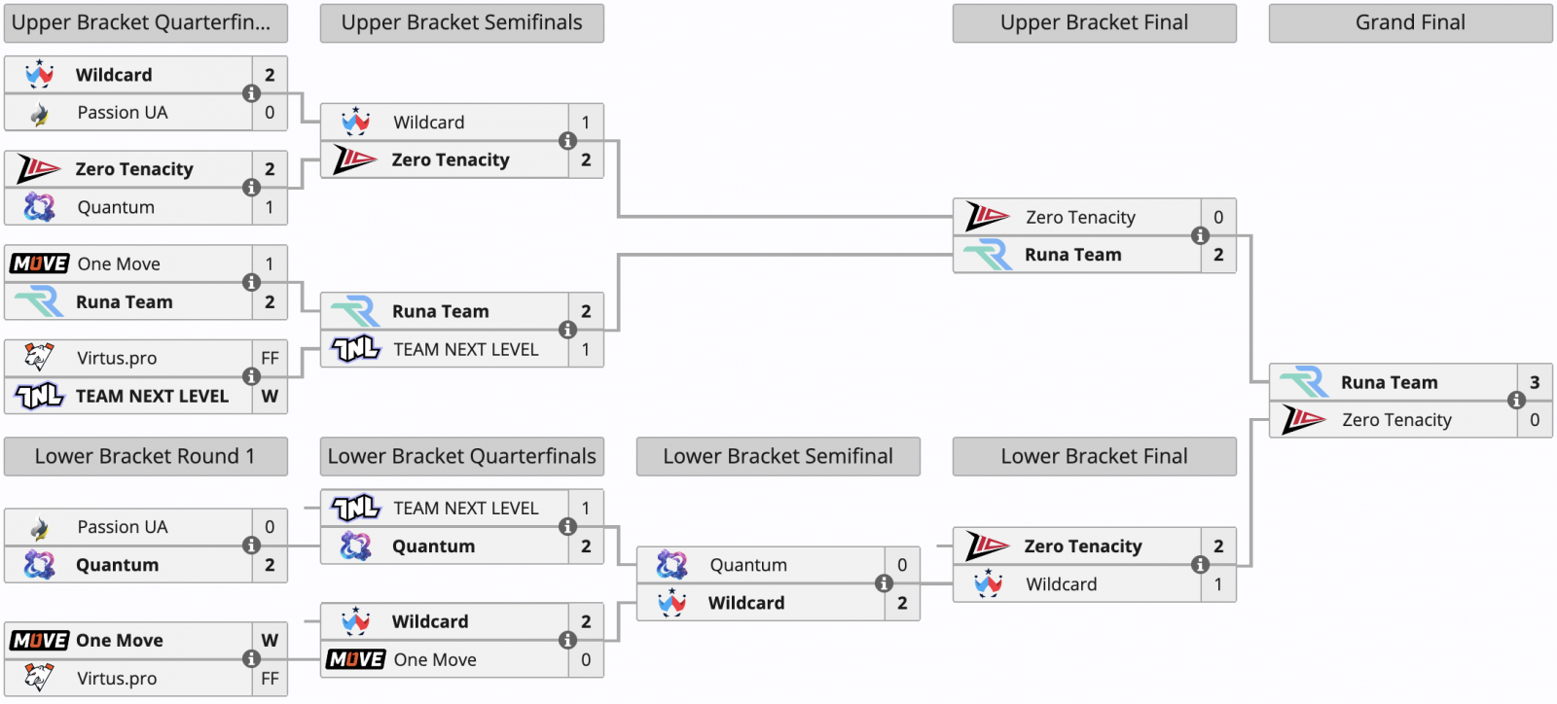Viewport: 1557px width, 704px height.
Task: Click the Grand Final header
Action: pyautogui.click(x=1410, y=23)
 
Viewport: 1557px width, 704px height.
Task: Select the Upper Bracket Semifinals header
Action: pyautogui.click(x=461, y=23)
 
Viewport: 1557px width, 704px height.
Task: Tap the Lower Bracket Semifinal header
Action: pyautogui.click(x=778, y=456)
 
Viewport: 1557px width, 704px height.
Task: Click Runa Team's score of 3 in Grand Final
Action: pyautogui.click(x=1535, y=382)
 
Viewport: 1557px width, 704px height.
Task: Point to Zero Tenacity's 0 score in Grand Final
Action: pyautogui.click(x=1535, y=420)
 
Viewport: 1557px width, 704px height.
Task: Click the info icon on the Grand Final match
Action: pyautogui.click(x=1517, y=400)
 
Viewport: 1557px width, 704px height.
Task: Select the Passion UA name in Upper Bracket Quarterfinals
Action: pyautogui.click(x=123, y=113)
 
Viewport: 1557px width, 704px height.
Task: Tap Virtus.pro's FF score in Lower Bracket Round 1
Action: pyautogui.click(x=270, y=679)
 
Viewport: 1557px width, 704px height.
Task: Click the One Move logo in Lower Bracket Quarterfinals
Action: pyautogui.click(x=355, y=659)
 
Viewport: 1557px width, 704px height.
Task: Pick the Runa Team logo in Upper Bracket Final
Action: pyautogui.click(x=988, y=255)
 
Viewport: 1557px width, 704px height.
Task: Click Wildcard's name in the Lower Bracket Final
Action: pyautogui.click(x=1062, y=583)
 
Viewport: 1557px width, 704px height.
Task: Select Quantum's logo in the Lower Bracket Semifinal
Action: pyautogui.click(x=671, y=565)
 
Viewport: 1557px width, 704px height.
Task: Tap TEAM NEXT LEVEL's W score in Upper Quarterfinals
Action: pyautogui.click(x=270, y=396)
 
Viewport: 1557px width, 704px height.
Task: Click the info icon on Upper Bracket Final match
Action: pyautogui.click(x=1201, y=236)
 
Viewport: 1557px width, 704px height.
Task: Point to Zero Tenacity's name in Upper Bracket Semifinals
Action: pyautogui.click(x=451, y=159)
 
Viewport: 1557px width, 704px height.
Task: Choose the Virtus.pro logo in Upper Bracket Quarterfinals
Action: pyautogui.click(x=39, y=358)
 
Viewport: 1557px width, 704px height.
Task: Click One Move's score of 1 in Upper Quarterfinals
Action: pyautogui.click(x=270, y=264)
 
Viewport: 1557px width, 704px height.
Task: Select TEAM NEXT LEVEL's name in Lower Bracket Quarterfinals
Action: pyautogui.click(x=466, y=509)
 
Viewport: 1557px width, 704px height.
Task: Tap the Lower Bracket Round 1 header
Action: pyautogui.click(x=145, y=456)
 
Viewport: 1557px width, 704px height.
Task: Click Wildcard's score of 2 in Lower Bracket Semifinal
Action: pyautogui.click(x=902, y=603)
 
